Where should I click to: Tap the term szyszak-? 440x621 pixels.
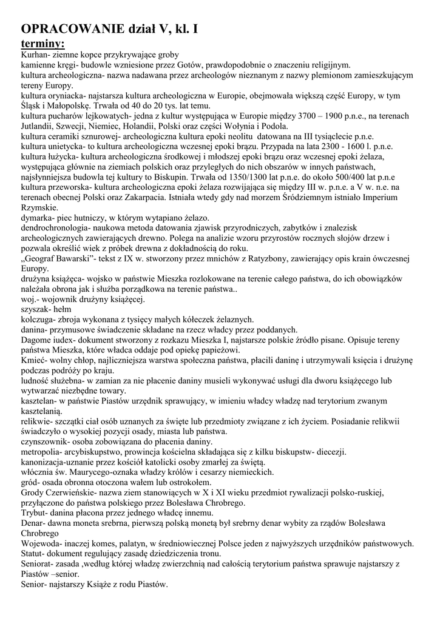pyautogui.click(x=37, y=309)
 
